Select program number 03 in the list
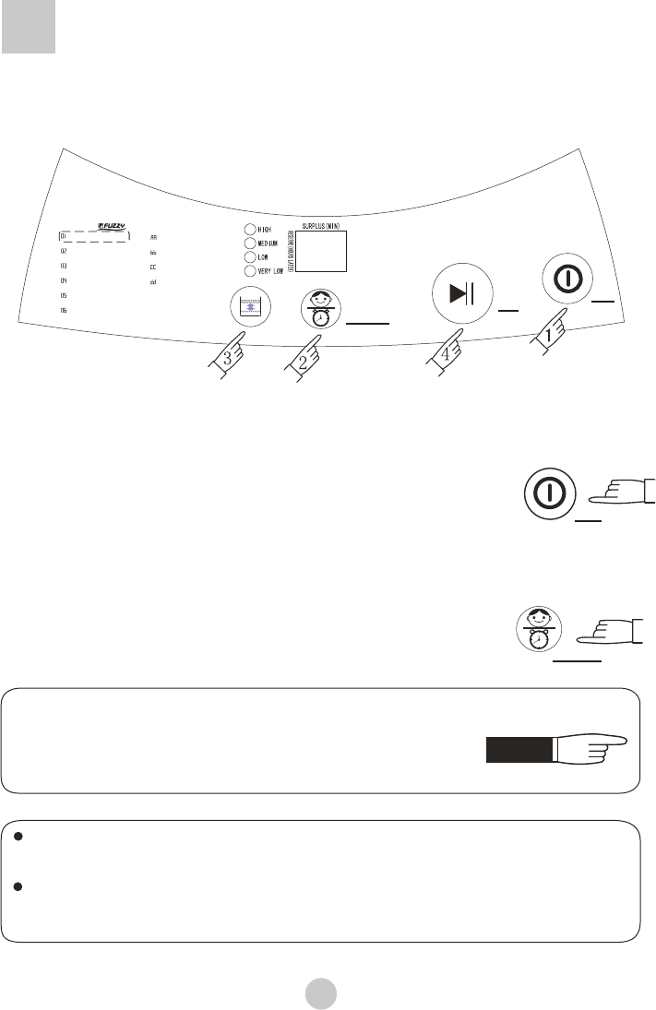point(64,266)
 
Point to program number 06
point(64,311)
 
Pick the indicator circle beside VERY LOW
point(249,272)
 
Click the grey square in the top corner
point(29,27)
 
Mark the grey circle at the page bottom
point(321,992)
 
